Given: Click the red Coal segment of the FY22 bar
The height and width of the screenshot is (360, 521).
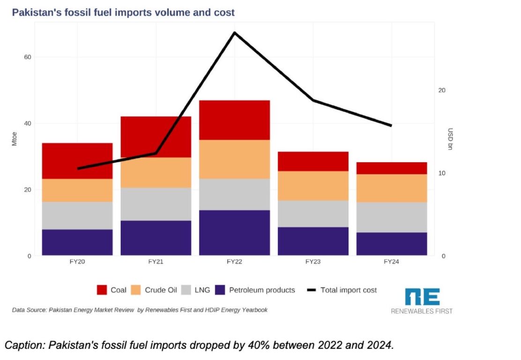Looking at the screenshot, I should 234,120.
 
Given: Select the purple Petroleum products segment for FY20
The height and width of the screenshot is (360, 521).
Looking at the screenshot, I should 77,242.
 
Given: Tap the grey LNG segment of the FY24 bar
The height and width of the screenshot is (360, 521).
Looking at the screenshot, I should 392,217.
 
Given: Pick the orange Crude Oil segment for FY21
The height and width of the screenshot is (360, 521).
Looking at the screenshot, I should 156,172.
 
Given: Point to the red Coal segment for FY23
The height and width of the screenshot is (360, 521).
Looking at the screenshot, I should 313,161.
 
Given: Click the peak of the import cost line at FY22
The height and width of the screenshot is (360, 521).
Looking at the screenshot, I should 234,33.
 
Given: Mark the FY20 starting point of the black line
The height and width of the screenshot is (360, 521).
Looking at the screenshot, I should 78,168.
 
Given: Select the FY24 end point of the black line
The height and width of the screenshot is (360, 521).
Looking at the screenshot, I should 391,126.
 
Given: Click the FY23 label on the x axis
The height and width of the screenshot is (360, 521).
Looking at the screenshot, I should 313,262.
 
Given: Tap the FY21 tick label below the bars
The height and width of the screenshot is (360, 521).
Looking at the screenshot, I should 156,262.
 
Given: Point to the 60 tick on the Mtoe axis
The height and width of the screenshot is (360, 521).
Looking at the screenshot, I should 28,57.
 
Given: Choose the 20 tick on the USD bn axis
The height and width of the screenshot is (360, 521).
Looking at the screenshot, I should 441,90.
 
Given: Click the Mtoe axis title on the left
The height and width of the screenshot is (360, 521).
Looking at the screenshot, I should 15,140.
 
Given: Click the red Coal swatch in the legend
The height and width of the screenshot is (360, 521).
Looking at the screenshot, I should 102,290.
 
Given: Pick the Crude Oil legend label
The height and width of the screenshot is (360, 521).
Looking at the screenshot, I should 161,290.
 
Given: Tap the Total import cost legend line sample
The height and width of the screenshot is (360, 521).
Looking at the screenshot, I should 311,290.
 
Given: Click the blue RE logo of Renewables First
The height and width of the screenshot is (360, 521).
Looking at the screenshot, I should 422,297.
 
